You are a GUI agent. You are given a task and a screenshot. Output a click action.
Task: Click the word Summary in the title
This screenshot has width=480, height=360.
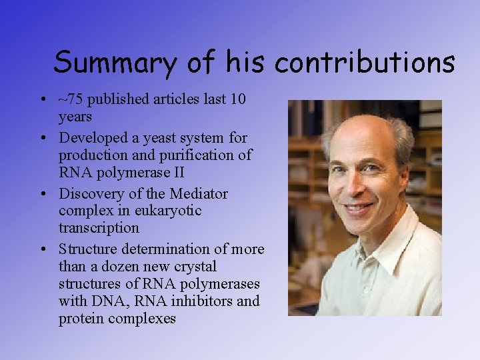[x=115, y=63]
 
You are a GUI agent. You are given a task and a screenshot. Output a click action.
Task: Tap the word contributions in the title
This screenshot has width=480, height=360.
[x=365, y=63]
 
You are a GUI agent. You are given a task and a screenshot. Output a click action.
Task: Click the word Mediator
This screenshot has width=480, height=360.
[x=198, y=194]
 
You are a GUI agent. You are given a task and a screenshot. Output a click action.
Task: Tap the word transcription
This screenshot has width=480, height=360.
[x=99, y=228]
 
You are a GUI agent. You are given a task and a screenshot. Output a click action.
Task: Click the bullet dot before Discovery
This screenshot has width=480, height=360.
[x=41, y=195]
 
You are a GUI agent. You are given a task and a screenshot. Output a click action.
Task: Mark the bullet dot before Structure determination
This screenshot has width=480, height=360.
[x=41, y=250]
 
